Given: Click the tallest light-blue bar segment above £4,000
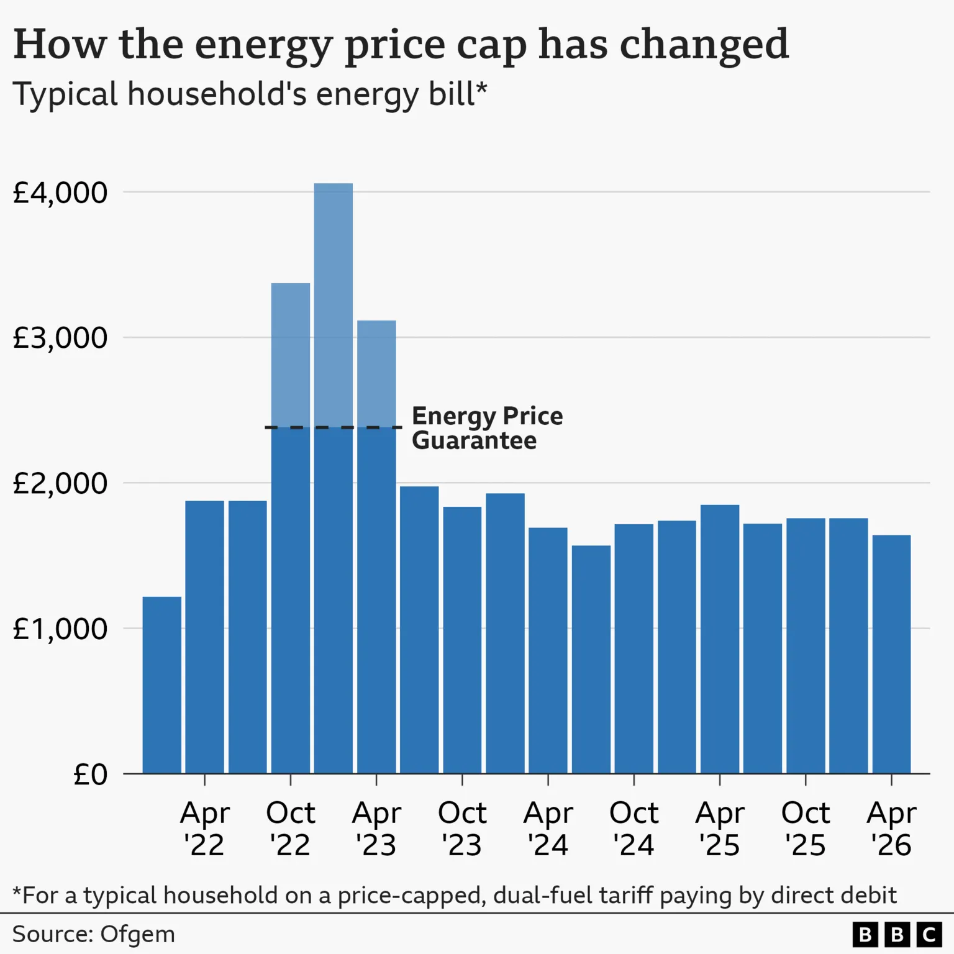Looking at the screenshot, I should [x=334, y=304].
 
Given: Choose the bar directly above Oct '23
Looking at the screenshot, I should [x=462, y=640].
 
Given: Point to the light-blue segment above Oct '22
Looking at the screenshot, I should [x=291, y=355].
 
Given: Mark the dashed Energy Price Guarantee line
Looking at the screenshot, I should [x=334, y=427].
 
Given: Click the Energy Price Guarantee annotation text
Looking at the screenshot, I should [x=487, y=428].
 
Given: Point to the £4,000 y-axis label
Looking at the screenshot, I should [x=60, y=193].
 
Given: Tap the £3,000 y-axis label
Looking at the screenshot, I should [x=60, y=338].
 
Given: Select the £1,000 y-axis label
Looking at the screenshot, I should [x=60, y=629].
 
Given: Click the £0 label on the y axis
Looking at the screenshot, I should [x=90, y=774].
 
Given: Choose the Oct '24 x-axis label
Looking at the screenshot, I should [x=634, y=829].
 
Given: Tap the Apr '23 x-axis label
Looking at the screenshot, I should [x=376, y=829].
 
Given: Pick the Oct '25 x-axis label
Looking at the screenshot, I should [x=806, y=829].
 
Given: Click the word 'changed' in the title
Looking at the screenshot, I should [x=704, y=45].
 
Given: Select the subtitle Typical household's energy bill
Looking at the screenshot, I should [x=250, y=94].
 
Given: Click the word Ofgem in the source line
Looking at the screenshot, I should [x=137, y=934].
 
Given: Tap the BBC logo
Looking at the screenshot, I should [x=897, y=934].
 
